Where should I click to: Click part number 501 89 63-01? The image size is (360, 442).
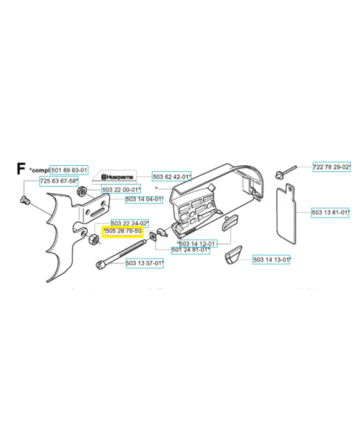coord(69,170)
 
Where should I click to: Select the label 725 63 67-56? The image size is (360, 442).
coord(58,181)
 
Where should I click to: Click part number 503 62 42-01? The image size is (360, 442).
coord(171,177)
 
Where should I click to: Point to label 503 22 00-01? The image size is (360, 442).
coord(121,190)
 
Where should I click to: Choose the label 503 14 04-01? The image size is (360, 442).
coord(144,199)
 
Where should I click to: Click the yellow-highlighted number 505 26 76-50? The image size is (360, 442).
coord(123,231)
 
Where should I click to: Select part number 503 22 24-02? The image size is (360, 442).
coord(129,223)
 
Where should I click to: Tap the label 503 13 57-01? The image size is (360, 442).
coord(144,264)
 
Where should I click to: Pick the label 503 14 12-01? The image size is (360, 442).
coord(197,243)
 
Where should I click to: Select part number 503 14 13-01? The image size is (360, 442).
coord(272,259)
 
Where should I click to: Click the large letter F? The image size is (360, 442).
coord(21,168)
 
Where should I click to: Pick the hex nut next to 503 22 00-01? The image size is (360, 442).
coord(81,192)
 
